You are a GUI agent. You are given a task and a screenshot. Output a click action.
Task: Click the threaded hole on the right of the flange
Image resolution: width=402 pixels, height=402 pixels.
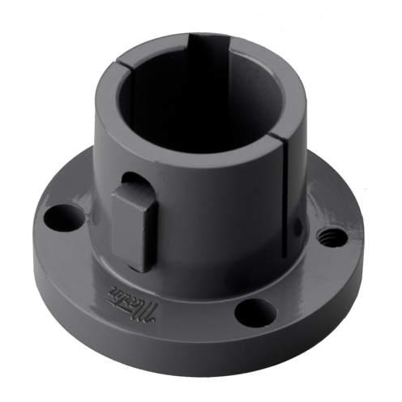pos(330,237)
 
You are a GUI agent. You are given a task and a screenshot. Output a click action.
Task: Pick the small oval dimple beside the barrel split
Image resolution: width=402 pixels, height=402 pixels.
pos(301,225)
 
